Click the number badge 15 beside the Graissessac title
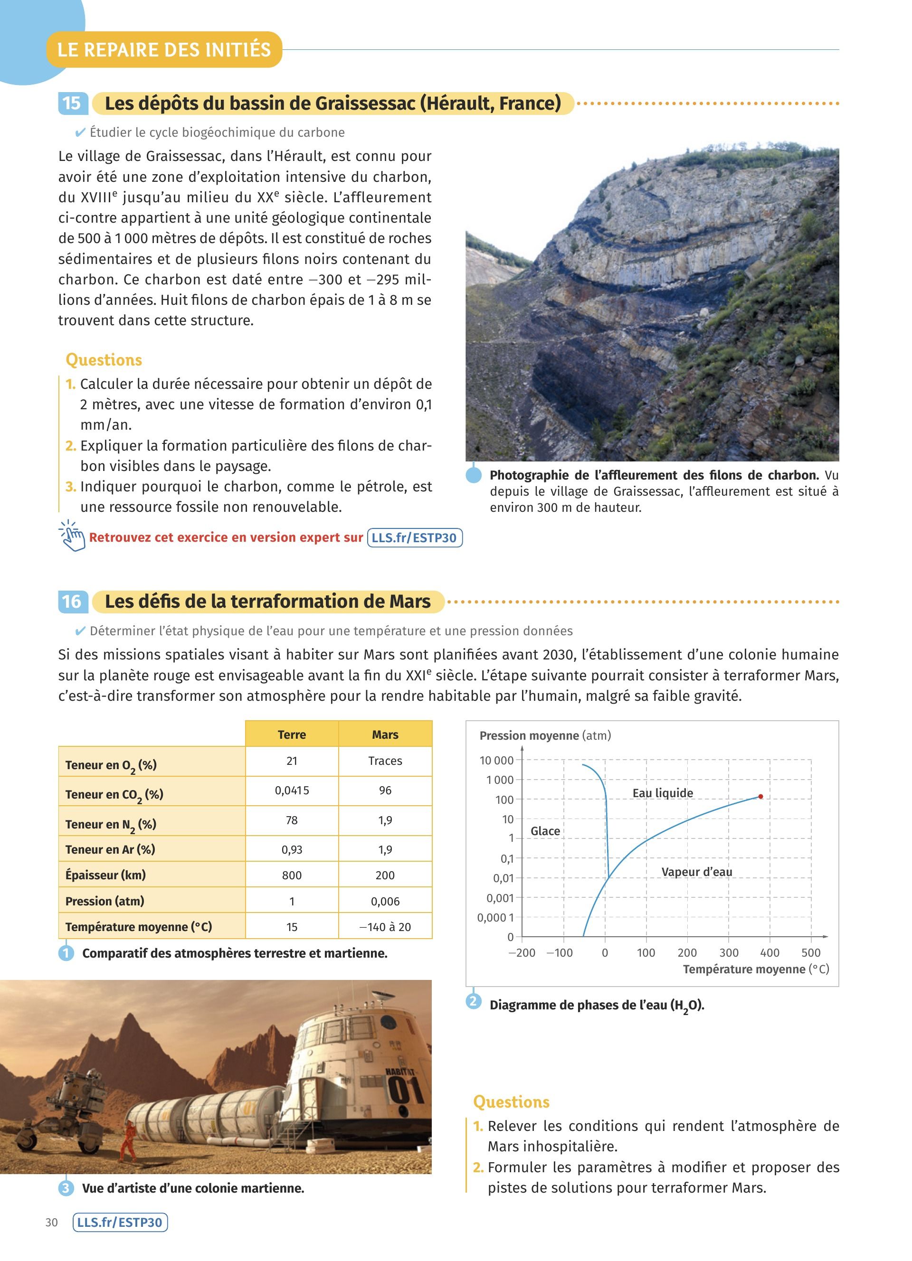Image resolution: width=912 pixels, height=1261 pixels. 71,104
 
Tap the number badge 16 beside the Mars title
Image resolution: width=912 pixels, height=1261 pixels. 71,602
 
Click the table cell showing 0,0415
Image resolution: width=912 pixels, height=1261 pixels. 292,790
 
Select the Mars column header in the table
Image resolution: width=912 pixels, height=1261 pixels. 385,734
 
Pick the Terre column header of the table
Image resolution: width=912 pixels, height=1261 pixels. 292,734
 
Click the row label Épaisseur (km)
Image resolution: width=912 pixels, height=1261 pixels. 105,875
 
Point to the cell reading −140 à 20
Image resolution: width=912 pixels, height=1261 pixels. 385,927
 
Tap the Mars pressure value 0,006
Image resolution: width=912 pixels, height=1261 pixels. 385,901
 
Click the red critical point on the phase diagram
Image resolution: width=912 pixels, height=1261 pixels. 760,797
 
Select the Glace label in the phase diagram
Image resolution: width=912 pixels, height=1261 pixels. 545,831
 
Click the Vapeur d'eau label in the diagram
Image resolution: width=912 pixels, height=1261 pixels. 696,872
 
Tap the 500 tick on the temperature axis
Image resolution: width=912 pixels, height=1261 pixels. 811,952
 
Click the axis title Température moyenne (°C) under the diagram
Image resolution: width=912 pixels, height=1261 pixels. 755,969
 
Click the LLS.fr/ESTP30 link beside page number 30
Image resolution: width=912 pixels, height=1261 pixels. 120,1223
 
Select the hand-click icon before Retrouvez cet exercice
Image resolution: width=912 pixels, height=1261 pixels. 72,536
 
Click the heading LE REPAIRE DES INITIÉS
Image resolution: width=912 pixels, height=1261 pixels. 164,49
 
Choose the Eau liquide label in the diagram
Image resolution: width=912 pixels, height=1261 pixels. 662,793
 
